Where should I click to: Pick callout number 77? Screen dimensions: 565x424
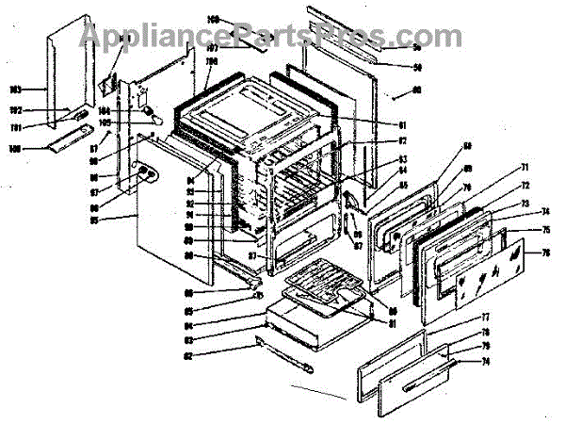coord(486,318)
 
